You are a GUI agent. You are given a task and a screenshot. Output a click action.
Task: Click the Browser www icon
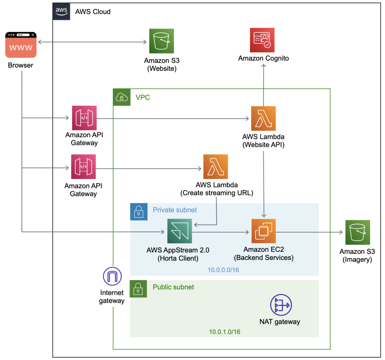(x=21, y=45)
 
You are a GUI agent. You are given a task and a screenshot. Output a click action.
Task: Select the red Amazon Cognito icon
(x=262, y=40)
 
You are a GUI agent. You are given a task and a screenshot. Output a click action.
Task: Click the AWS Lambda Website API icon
(x=263, y=118)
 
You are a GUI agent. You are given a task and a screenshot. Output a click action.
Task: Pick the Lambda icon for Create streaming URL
(x=215, y=166)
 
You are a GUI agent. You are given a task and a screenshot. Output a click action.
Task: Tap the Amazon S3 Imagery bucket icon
(x=358, y=232)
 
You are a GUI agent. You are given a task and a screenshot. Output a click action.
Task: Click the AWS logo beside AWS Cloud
(x=61, y=11)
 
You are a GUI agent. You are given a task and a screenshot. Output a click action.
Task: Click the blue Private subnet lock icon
(x=139, y=211)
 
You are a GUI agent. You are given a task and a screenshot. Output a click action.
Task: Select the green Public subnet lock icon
(x=139, y=289)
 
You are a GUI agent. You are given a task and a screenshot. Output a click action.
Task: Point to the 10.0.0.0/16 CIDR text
(x=224, y=270)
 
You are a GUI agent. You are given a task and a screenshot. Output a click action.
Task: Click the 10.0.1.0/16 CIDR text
(x=225, y=332)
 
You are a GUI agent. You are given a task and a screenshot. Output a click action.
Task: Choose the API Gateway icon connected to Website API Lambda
(x=83, y=118)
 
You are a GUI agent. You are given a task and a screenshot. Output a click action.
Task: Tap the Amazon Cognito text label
(x=264, y=58)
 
